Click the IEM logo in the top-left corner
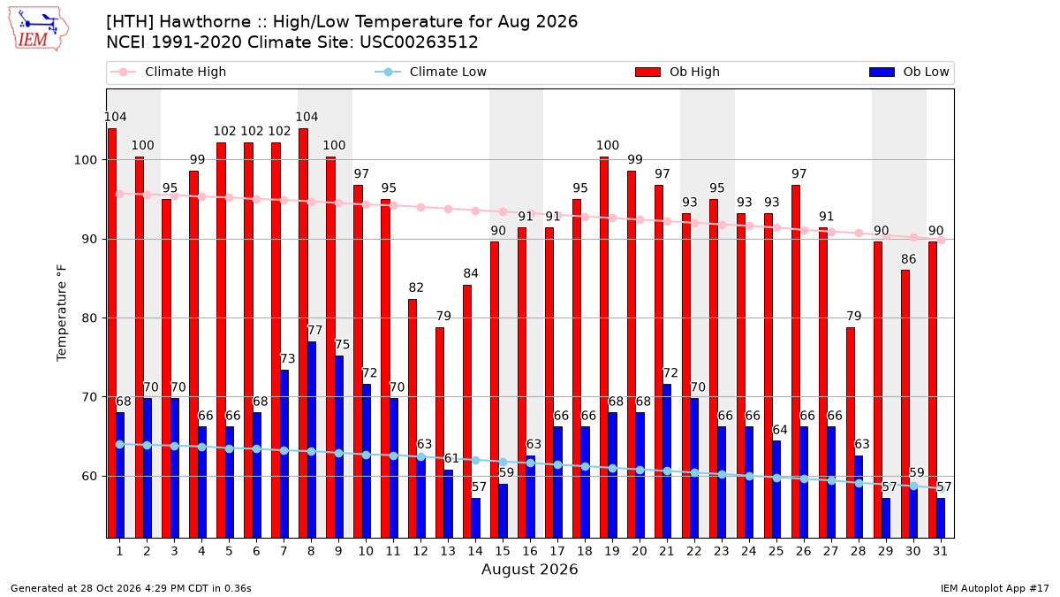39,29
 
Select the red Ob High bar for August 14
467,411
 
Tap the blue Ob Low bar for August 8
311,440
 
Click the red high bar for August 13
440,432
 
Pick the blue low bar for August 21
667,461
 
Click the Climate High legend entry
169,72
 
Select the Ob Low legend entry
909,72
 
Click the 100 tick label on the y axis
86,160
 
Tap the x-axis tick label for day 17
557,551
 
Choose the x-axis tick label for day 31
940,551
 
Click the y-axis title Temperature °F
62,313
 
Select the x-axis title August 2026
529,569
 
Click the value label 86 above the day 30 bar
909,259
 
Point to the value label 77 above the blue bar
314,330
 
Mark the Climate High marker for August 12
420,208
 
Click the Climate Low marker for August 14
475,461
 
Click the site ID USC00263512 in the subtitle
419,42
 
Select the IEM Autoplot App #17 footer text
995,588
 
